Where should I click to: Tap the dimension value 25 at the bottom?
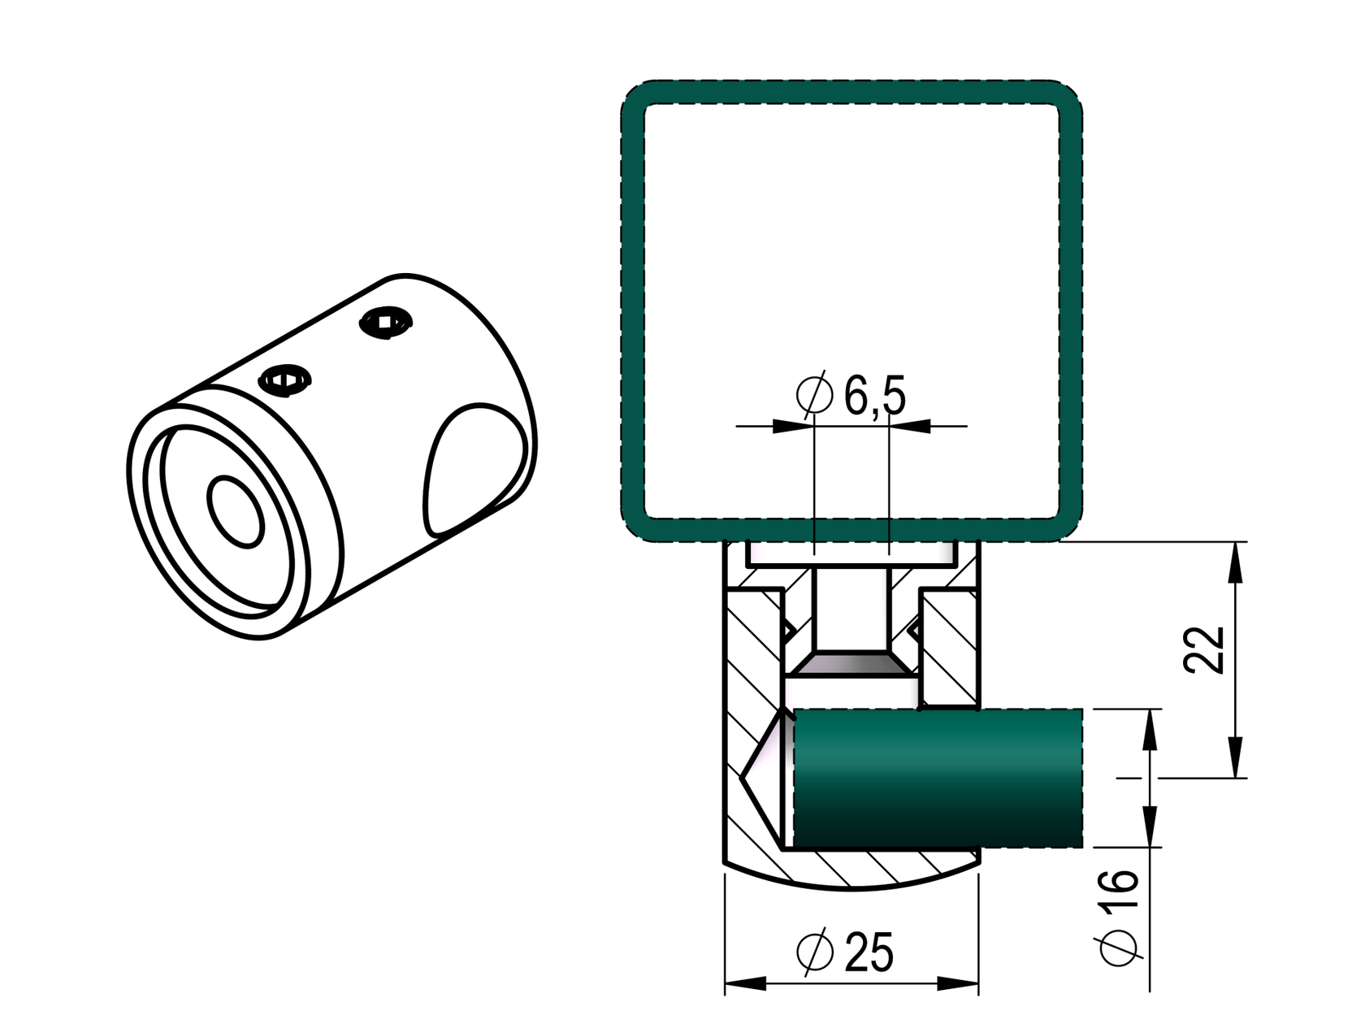pyautogui.click(x=869, y=952)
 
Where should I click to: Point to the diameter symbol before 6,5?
pyautogui.click(x=815, y=395)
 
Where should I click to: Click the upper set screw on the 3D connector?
pyautogui.click(x=385, y=322)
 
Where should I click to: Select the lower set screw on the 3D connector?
pyautogui.click(x=284, y=379)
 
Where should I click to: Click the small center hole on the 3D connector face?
pyautogui.click(x=236, y=510)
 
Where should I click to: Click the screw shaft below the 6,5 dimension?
pyautogui.click(x=851, y=610)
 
